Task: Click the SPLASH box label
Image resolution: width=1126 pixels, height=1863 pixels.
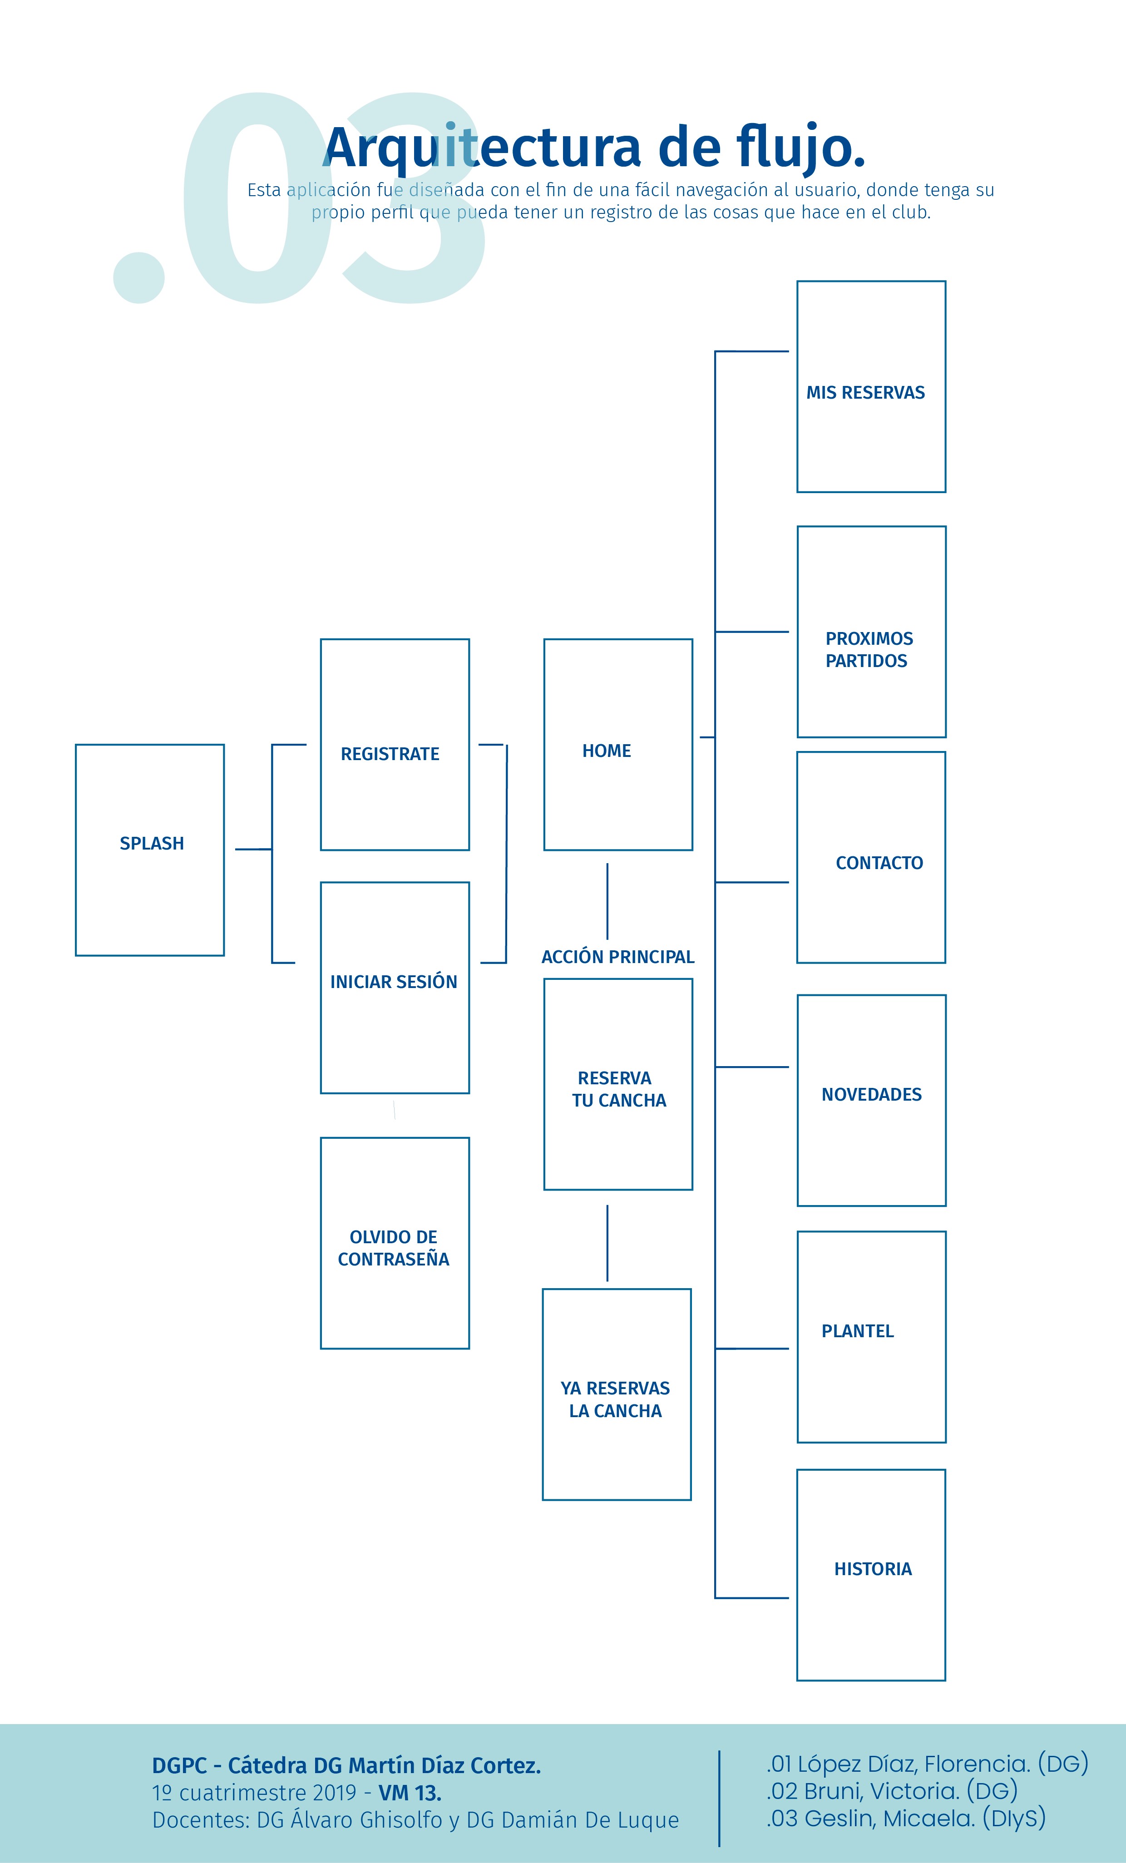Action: tap(151, 843)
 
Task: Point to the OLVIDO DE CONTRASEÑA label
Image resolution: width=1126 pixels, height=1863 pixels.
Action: tap(393, 1248)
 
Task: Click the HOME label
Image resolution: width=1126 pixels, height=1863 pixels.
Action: tap(607, 751)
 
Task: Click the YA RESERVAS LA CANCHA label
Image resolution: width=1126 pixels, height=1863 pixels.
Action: tap(616, 1399)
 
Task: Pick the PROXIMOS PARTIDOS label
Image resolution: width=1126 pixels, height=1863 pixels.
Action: tap(868, 649)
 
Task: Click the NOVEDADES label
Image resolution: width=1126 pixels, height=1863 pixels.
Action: tap(871, 1094)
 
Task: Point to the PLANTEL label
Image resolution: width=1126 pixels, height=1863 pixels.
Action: tap(858, 1331)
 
